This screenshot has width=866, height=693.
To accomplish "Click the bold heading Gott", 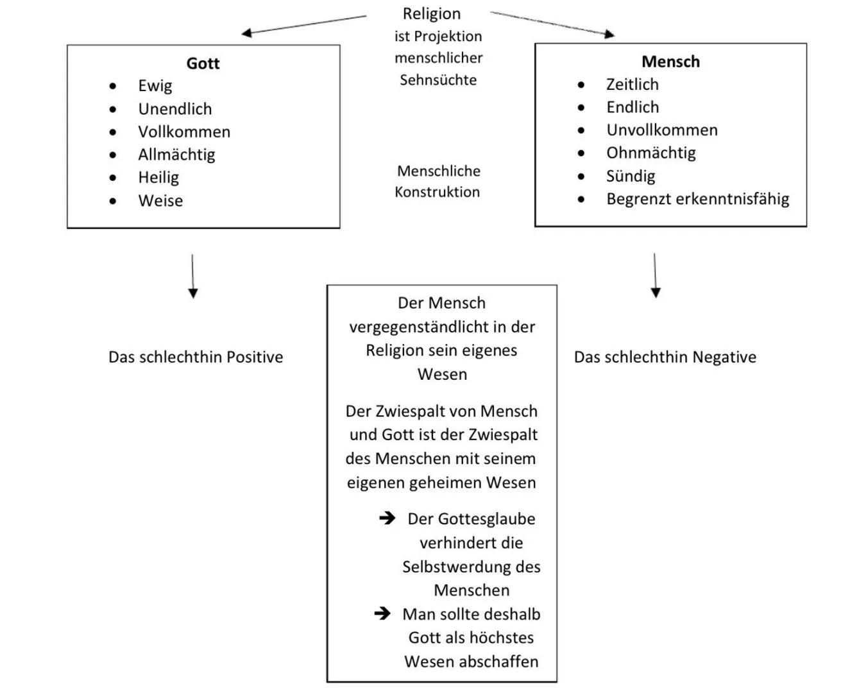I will pos(203,64).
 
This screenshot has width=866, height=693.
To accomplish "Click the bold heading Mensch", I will pos(670,62).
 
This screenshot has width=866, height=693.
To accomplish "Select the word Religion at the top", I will pos(431,13).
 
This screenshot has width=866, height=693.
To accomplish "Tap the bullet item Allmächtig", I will pos(176,155).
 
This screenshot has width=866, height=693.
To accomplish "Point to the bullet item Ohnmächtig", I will pos(650,153).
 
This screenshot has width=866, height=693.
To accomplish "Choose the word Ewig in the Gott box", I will pos(155,86).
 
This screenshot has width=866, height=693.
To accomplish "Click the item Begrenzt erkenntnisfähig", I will pos(697,199).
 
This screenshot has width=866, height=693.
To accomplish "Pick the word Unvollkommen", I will pos(661,130).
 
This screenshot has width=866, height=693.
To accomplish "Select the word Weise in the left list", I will pos(160,201).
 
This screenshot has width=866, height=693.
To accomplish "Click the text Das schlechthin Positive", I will pos(196,357).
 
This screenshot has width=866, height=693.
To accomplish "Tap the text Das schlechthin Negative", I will pos(665,357).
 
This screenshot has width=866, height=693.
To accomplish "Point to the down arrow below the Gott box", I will pos(192,276).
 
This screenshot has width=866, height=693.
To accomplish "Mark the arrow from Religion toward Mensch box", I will pos(552,23).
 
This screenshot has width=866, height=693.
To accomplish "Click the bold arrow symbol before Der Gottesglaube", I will pos(387,518).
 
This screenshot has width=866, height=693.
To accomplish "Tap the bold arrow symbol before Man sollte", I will pos(382,613).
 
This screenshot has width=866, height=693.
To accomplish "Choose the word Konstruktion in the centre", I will pos(437,192).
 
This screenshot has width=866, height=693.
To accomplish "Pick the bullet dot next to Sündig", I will pos(581,176).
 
